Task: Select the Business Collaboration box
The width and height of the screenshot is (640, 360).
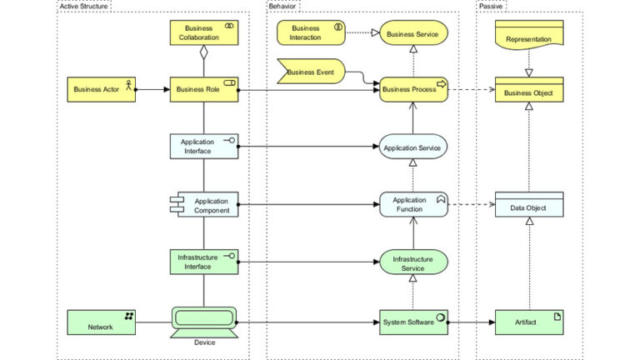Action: (x=204, y=32)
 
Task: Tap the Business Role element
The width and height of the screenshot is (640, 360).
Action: (x=204, y=88)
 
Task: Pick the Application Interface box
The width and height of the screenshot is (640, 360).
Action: (x=204, y=147)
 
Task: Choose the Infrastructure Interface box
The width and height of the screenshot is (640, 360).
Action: (x=204, y=262)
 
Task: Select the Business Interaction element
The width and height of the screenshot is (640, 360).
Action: (x=311, y=32)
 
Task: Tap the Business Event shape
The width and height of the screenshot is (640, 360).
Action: (x=311, y=72)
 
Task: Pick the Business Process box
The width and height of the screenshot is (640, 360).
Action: (x=414, y=89)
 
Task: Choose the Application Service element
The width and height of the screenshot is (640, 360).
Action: (x=414, y=147)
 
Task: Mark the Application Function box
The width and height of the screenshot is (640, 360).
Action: (x=414, y=205)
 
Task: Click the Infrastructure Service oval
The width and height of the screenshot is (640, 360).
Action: (x=414, y=263)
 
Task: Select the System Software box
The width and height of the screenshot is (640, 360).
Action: (x=414, y=322)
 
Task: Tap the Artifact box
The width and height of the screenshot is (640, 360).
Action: (x=529, y=322)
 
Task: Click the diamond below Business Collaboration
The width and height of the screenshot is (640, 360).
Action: (x=204, y=52)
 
